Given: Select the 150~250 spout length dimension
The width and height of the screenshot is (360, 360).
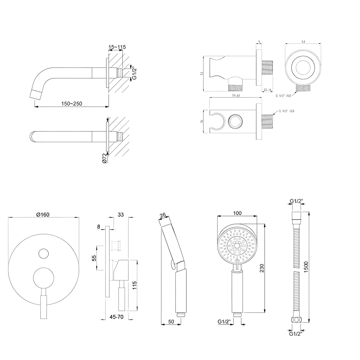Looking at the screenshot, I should coord(72,103).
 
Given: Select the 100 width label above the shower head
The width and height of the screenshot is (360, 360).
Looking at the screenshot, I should coord(237,213).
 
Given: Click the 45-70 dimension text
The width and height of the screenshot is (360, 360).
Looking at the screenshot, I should coord(117,317).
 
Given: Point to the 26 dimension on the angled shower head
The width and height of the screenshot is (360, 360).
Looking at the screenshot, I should coord(163,215).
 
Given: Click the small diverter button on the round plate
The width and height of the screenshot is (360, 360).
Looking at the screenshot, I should coord(44,253).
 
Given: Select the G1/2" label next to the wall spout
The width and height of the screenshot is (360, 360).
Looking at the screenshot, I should coord(134,73).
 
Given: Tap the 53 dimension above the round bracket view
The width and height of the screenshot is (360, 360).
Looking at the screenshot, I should coord(303,42).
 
